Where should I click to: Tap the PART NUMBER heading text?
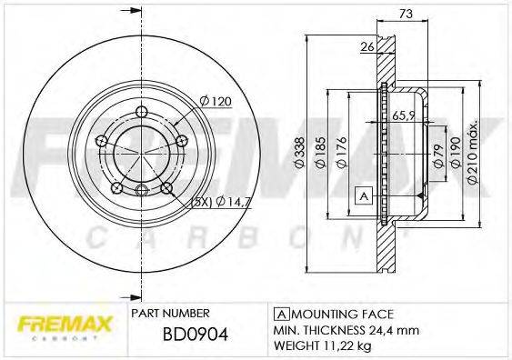point(171,312)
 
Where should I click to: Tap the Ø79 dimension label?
point(436,152)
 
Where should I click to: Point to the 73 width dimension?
point(407,14)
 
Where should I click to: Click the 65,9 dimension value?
point(406,115)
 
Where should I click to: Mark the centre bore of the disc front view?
point(141,151)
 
